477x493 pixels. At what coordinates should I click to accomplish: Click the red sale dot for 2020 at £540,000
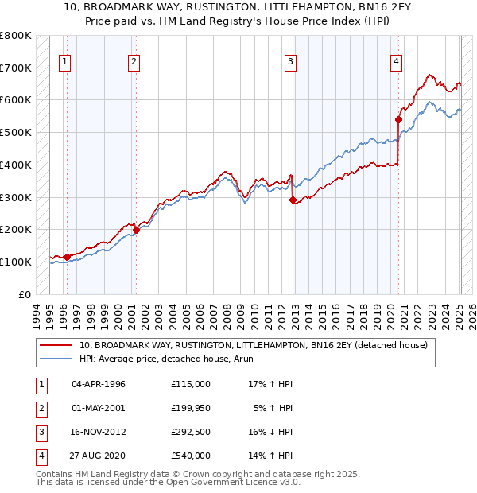click(398, 120)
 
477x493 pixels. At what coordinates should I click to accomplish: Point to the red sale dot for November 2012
click(293, 200)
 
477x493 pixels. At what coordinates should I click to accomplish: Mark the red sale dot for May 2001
click(136, 230)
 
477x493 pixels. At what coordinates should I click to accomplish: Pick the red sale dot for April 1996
click(67, 257)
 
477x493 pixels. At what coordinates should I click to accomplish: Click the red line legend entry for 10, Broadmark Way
click(254, 345)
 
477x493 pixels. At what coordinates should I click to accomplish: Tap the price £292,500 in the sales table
click(191, 431)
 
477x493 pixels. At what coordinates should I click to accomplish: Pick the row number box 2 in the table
click(39, 407)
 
